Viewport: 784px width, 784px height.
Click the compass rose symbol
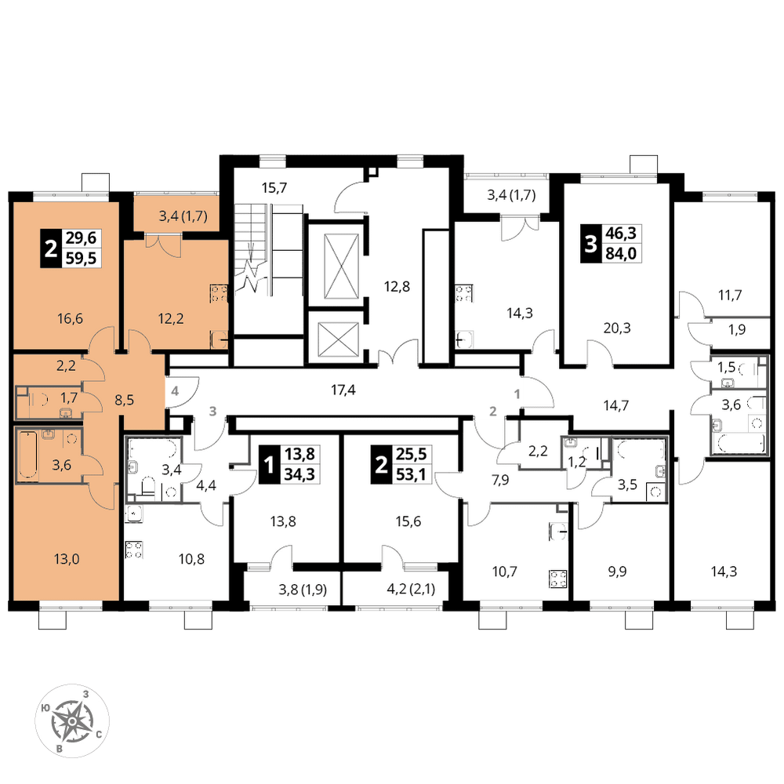pos(72,720)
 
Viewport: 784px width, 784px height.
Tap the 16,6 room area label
pos(70,318)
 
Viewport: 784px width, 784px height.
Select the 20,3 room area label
pos(617,328)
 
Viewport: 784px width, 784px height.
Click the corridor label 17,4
pos(343,390)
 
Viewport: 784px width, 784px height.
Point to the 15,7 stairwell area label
pos(274,188)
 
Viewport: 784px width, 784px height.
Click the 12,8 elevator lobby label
pos(397,286)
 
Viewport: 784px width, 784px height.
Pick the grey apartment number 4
pos(175,390)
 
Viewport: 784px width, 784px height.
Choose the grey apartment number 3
pos(213,411)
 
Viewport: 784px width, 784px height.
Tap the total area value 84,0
pos(621,253)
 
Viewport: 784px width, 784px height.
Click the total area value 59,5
pos(81,258)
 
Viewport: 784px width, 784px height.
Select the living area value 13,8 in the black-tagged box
pos(299,454)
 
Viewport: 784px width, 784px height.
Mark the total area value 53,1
pos(411,474)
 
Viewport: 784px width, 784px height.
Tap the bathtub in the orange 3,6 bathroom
pos(27,456)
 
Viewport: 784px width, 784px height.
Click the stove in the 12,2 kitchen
pos(220,293)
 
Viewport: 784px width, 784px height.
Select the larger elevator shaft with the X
pos(342,266)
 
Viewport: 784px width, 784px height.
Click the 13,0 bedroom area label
pos(67,558)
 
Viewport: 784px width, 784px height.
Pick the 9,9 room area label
pos(617,571)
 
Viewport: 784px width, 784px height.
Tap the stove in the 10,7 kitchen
pos(558,579)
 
